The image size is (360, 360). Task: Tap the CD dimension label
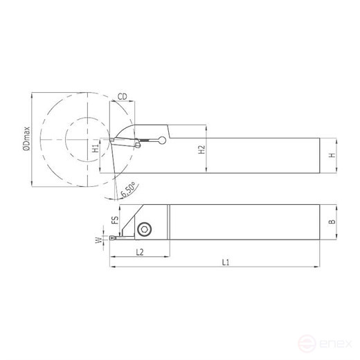click(122, 98)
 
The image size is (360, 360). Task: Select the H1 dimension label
click(96, 148)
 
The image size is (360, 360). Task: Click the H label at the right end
click(332, 156)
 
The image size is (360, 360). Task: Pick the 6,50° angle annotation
click(128, 188)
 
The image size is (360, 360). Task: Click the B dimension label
click(332, 222)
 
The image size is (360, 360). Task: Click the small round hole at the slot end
click(162, 141)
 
